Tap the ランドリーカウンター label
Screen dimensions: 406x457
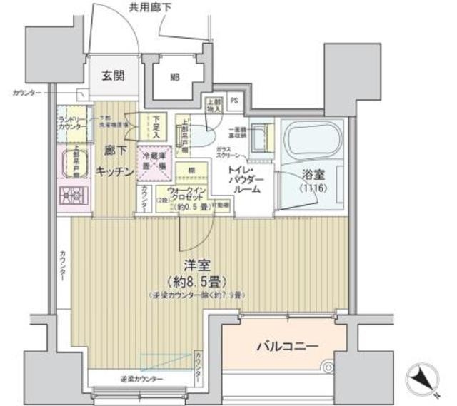[x=72, y=123]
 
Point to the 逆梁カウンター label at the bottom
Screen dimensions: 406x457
[x=140, y=377]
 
